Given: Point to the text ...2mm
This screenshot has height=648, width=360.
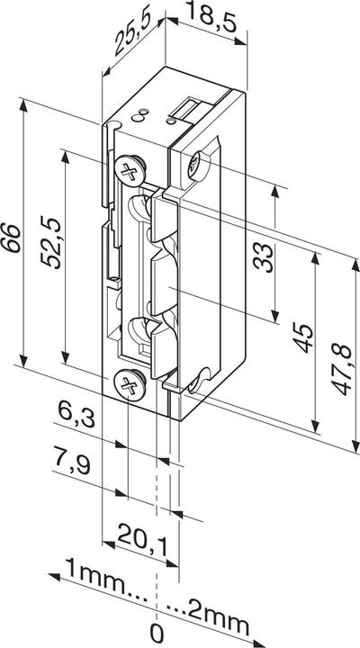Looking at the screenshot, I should click(207, 595).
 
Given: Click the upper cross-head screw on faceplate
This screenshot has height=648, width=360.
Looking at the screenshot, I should click(130, 167).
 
